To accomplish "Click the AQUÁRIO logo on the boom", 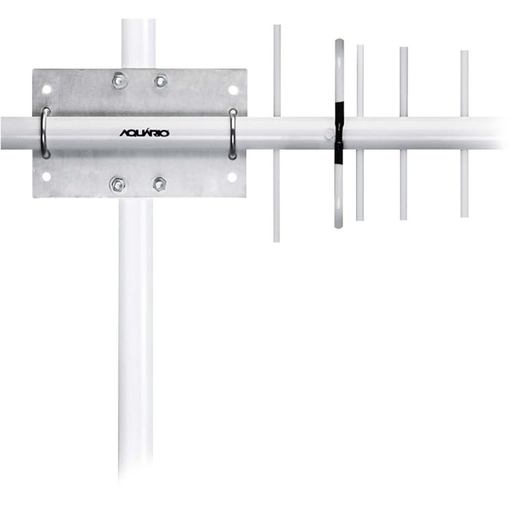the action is (x=145, y=133).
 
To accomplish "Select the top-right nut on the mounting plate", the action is (x=161, y=81).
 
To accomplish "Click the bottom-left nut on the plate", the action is (x=117, y=184).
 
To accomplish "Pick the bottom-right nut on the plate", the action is (x=159, y=184).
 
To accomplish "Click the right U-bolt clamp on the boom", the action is (x=233, y=134).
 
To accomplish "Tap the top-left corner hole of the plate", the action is (x=47, y=89).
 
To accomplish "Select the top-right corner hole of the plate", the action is (x=233, y=90).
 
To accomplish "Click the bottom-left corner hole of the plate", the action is (x=47, y=177).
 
